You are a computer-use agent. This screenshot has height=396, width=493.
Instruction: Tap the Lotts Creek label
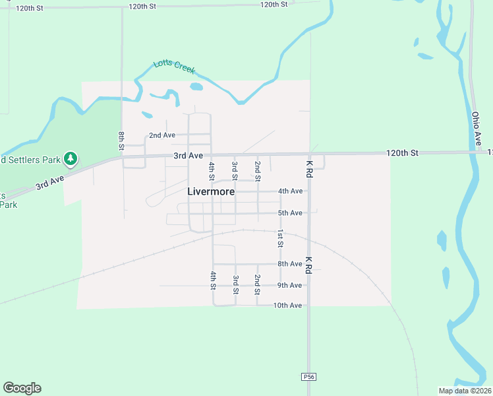pyautogui.click(x=174, y=66)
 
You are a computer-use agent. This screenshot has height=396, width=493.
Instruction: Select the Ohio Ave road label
pyautogui.click(x=477, y=128)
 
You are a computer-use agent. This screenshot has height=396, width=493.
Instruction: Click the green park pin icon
pyautogui.click(x=71, y=158)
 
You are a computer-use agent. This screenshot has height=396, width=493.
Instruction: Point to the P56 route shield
pyautogui.click(x=308, y=376)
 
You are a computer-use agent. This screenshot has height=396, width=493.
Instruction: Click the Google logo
pyautogui.click(x=22, y=388)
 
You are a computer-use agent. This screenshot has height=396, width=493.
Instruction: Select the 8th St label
pyautogui.click(x=122, y=141)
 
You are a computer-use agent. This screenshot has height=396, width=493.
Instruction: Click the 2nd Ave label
pyautogui.click(x=162, y=135)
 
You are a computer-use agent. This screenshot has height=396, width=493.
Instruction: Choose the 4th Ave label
pyautogui.click(x=290, y=191)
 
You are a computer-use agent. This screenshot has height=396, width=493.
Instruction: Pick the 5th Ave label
pyautogui.click(x=290, y=213)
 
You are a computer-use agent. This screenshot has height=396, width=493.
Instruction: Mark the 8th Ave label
pyautogui.click(x=290, y=264)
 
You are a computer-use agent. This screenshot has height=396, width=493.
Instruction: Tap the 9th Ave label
pyautogui.click(x=290, y=285)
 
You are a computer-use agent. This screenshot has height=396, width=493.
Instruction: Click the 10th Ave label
pyautogui.click(x=288, y=306)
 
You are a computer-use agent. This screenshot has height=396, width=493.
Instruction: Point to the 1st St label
pyautogui.click(x=280, y=239)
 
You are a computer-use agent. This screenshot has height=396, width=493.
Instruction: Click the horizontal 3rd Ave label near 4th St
pyautogui.click(x=188, y=156)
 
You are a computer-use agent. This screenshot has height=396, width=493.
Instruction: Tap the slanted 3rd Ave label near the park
pyautogui.click(x=50, y=182)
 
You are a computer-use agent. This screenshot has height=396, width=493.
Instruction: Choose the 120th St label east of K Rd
pyautogui.click(x=402, y=153)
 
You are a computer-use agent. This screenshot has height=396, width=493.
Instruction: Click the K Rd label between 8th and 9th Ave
pyautogui.click(x=308, y=265)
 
